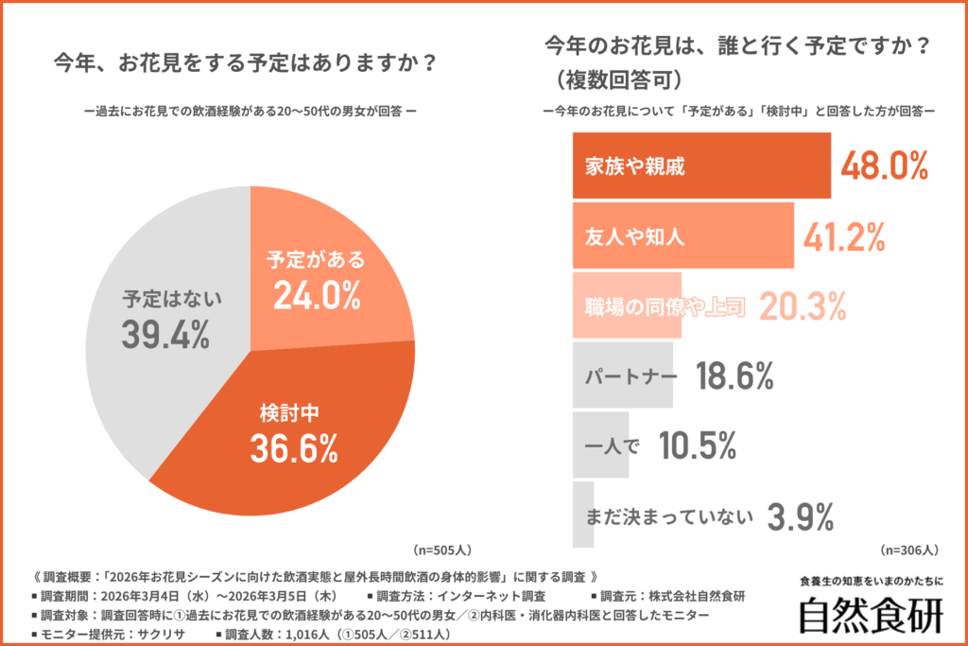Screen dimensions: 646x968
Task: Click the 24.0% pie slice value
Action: [317, 297]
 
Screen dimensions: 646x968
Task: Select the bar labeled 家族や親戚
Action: [701, 166]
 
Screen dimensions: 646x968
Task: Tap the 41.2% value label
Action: [843, 236]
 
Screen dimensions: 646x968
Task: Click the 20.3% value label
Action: [803, 306]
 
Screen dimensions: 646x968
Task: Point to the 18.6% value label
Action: [735, 375]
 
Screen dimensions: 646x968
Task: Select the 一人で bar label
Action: [613, 445]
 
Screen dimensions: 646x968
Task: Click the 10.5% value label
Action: [697, 445]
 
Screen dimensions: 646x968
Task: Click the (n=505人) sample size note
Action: [442, 549]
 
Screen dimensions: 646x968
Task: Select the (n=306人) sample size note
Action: [908, 549]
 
